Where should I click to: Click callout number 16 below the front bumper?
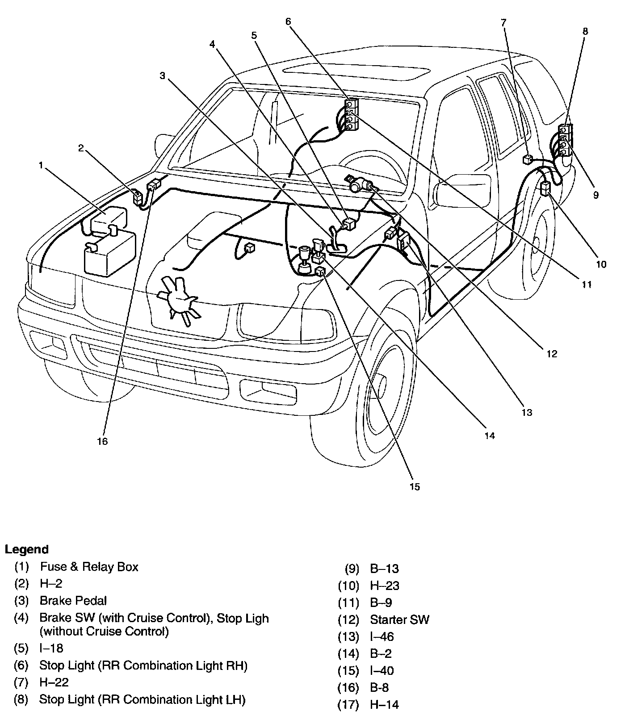tap(102, 441)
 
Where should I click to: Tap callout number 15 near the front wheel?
tap(415, 487)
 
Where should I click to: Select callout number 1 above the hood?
tap(41, 165)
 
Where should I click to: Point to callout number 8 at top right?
tap(585, 31)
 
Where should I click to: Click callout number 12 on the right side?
tap(552, 354)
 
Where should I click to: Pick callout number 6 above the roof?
tap(288, 21)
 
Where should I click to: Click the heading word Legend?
tap(27, 549)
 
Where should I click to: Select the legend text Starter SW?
tap(399, 619)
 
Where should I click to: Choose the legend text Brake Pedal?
tap(73, 601)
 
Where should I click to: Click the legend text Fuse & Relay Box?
tap(89, 567)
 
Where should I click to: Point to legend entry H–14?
tap(384, 704)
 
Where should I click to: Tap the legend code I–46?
tap(382, 636)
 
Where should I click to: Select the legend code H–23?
tap(385, 586)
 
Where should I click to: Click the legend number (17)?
tap(348, 704)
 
